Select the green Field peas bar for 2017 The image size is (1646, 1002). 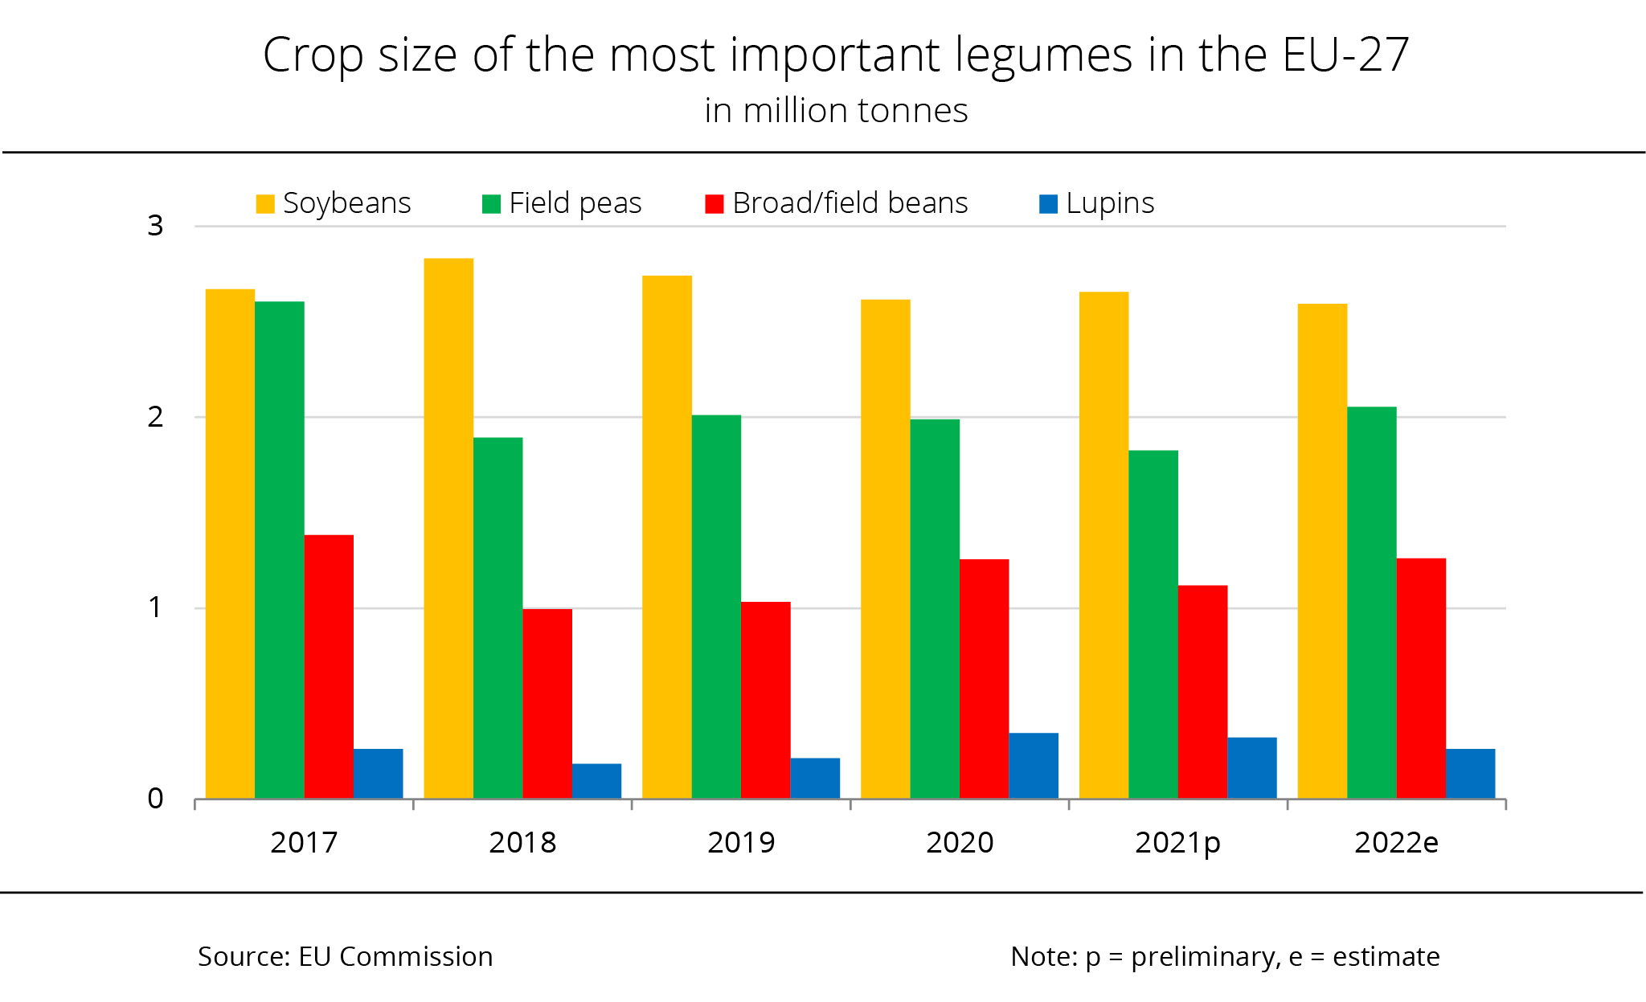(280, 550)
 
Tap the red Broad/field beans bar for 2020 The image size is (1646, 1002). (984, 679)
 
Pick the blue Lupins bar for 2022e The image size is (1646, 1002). (1470, 774)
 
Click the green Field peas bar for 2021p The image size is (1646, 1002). (1153, 624)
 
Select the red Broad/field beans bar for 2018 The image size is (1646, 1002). (547, 704)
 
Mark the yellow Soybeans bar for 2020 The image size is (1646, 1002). (886, 550)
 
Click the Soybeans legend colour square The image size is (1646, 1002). (265, 204)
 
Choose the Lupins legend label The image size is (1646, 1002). (1110, 203)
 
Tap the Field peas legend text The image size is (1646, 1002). (575, 203)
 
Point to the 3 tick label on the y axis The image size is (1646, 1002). (155, 226)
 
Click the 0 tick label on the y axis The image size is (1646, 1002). (155, 799)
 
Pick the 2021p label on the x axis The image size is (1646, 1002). (1177, 842)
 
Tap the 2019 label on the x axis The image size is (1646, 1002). (741, 842)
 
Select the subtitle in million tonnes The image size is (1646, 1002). (836, 111)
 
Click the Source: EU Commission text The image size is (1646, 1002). (346, 956)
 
